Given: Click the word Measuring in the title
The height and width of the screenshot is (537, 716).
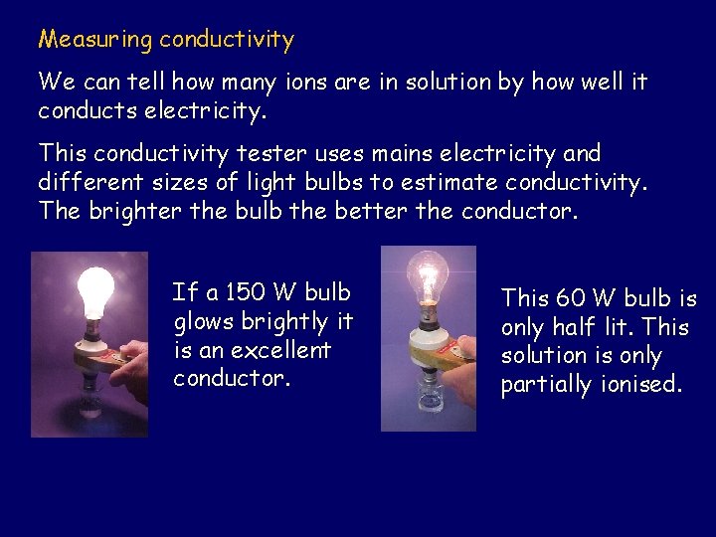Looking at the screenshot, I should (x=95, y=40).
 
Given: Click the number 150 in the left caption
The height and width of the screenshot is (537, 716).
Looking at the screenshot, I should (x=245, y=292).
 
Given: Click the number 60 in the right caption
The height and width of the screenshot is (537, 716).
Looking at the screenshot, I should (x=571, y=298).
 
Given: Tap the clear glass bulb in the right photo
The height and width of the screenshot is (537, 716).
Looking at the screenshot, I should (x=429, y=276).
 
